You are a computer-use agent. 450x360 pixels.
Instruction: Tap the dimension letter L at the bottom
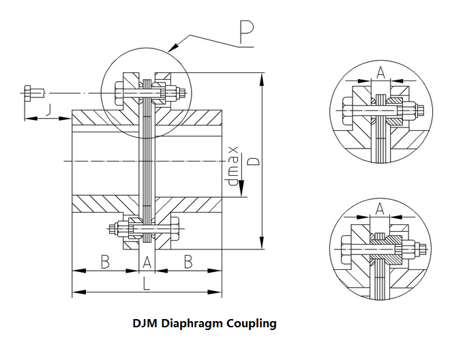(x=147, y=285)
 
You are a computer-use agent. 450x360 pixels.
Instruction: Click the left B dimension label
(x=105, y=261)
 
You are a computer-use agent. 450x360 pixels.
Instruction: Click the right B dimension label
(x=188, y=261)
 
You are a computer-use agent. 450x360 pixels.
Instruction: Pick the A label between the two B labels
(x=147, y=261)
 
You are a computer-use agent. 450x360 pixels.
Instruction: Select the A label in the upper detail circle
(x=381, y=72)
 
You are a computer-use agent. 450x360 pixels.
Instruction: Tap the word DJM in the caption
(x=146, y=322)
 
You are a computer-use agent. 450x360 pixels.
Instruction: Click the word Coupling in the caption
(x=254, y=322)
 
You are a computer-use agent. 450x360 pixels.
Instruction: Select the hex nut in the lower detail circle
(x=415, y=250)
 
